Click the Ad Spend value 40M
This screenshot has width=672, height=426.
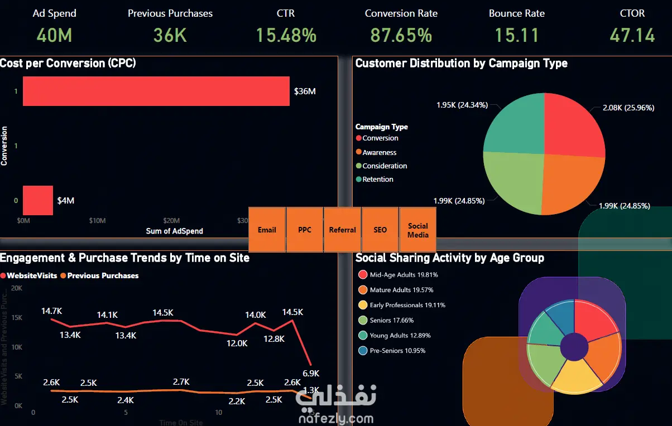tap(54, 35)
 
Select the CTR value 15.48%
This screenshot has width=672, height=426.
tap(286, 35)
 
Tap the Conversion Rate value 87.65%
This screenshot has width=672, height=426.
tap(401, 35)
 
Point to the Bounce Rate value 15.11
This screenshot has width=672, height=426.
tap(516, 35)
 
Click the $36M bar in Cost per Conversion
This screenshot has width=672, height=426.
tap(156, 91)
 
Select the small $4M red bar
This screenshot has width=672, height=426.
tap(37, 200)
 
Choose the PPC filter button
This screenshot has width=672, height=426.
tap(305, 230)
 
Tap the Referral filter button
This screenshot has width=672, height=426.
tap(342, 230)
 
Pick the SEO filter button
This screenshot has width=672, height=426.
tap(380, 230)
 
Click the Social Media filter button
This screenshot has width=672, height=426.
tap(417, 230)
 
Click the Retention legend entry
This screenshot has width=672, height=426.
tap(377, 179)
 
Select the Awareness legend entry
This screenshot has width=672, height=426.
tap(379, 152)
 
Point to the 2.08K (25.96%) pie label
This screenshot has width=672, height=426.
tap(628, 108)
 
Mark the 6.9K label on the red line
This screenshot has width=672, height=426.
tap(311, 373)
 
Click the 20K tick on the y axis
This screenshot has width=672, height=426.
tap(16, 288)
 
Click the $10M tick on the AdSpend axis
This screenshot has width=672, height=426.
tap(97, 220)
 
